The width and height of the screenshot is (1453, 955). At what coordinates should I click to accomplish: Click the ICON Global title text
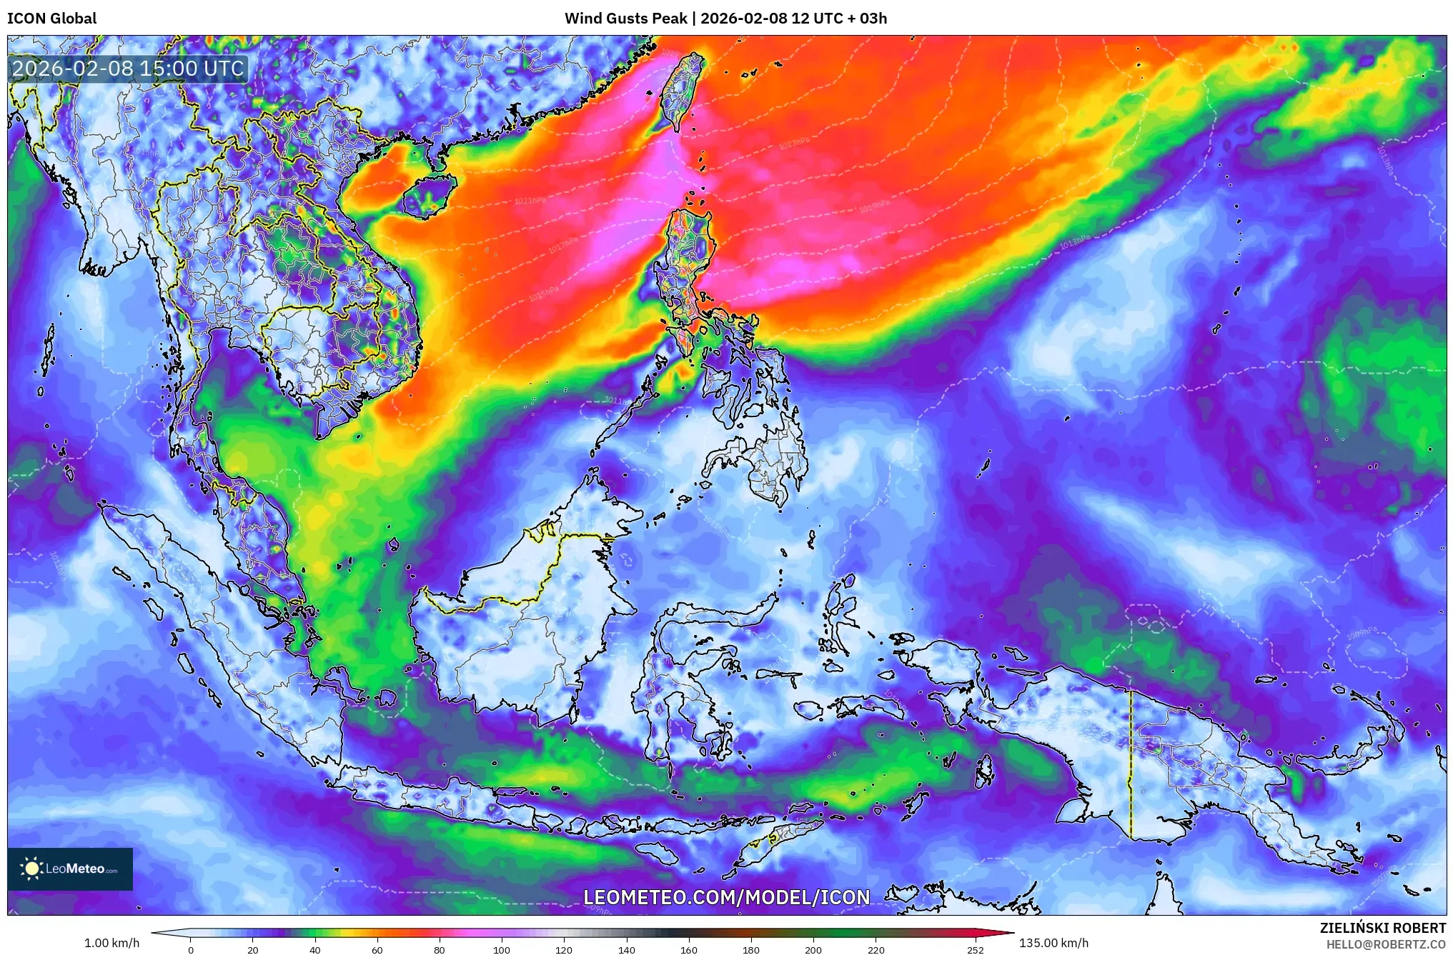(51, 19)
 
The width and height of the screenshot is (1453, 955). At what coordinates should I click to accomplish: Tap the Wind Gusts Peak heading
(725, 19)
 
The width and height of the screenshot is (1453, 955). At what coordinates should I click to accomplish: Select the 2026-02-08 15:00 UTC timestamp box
(129, 69)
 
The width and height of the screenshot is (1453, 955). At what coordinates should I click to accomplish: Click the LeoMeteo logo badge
(70, 869)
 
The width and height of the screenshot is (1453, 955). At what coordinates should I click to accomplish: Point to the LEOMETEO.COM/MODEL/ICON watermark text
(726, 897)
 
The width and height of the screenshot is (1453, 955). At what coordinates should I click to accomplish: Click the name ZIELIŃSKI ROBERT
(1382, 928)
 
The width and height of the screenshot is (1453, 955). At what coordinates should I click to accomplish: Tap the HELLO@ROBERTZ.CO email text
(1386, 944)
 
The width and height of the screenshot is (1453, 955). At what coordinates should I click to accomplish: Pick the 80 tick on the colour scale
(439, 949)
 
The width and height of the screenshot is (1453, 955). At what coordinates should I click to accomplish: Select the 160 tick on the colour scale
(688, 949)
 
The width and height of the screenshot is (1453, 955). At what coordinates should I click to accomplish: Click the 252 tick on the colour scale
(975, 949)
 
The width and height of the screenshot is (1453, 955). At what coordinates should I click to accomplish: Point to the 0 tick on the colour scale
(190, 949)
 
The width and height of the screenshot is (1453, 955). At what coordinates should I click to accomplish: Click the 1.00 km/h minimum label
(111, 943)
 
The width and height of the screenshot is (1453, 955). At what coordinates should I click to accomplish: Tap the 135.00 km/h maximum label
(1053, 943)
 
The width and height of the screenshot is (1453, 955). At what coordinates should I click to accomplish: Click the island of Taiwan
(680, 93)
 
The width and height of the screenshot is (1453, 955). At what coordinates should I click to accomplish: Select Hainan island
(427, 196)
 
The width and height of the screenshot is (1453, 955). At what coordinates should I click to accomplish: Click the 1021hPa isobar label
(530, 201)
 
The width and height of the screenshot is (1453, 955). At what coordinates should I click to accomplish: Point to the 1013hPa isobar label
(1074, 242)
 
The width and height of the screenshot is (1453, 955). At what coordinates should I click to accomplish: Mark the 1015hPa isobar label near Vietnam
(543, 294)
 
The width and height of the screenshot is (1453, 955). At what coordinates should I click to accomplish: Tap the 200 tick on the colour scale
(813, 949)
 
